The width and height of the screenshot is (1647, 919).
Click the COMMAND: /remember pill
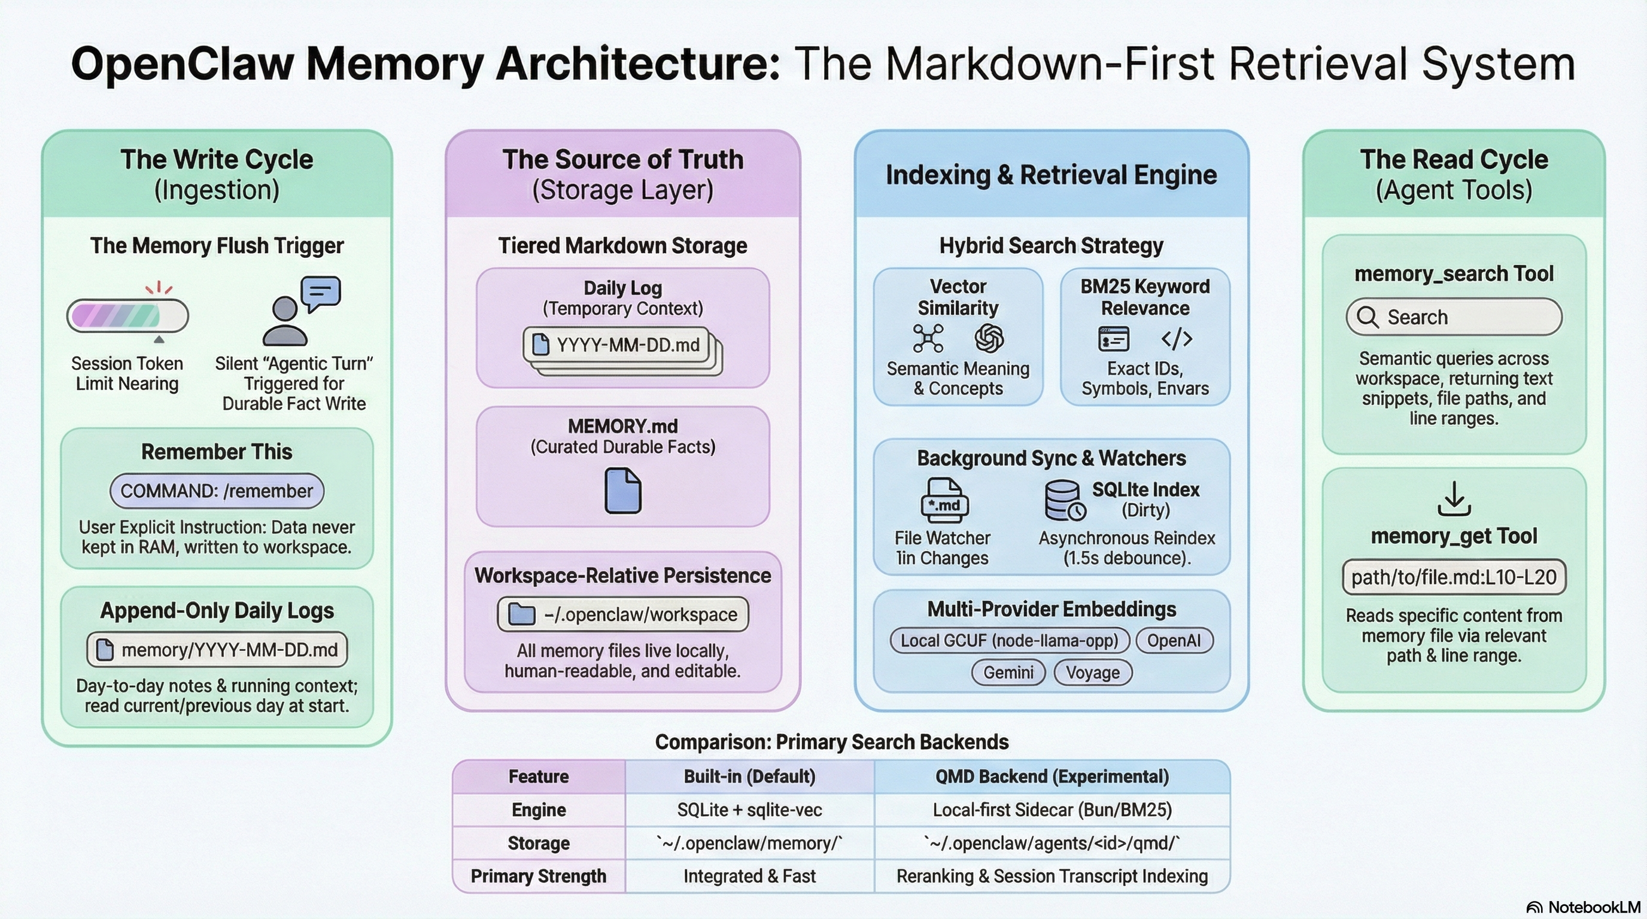click(x=217, y=491)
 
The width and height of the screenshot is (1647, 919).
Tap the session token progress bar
click(x=128, y=316)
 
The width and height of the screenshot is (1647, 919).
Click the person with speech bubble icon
click(x=300, y=311)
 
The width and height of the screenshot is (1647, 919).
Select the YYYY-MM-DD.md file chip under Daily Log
click(x=619, y=345)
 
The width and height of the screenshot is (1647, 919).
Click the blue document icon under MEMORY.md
click(x=623, y=490)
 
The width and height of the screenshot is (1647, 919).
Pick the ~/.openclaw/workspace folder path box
click(x=623, y=614)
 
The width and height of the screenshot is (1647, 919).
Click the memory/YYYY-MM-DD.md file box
click(x=217, y=649)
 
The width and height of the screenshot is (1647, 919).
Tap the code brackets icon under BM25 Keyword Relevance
click(x=1177, y=339)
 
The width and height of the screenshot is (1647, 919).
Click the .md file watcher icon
click(x=944, y=501)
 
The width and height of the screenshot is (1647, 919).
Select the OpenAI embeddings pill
click(x=1174, y=640)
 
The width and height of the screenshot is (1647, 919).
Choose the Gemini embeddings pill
click(x=1008, y=672)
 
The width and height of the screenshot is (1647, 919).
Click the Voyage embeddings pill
click(x=1093, y=672)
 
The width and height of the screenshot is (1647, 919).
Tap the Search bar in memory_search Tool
click(x=1454, y=317)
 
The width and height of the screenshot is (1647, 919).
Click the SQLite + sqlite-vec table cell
click(x=749, y=810)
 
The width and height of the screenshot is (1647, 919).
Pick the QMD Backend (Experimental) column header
click(x=1052, y=777)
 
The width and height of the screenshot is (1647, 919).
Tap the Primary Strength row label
click(x=539, y=875)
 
